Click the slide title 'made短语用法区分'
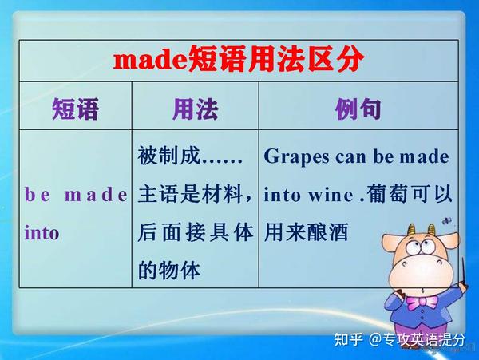(x=239, y=59)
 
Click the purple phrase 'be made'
(x=76, y=194)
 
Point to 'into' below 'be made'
(x=42, y=234)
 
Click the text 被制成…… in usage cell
(x=189, y=156)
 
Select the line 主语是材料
(x=196, y=194)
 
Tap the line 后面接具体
(x=196, y=233)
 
